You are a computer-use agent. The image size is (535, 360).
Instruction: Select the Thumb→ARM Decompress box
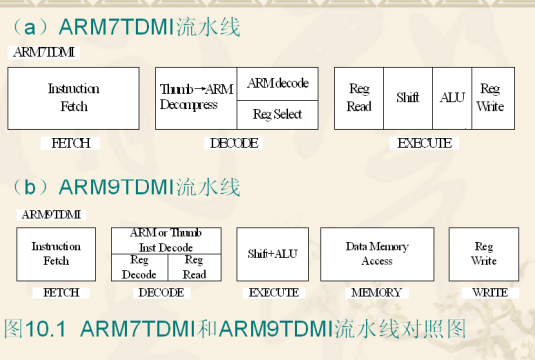[x=196, y=98]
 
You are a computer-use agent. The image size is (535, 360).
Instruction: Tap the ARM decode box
[x=277, y=83]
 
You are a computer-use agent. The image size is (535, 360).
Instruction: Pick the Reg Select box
[x=277, y=114]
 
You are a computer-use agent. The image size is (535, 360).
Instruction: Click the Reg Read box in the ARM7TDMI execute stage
[x=359, y=98]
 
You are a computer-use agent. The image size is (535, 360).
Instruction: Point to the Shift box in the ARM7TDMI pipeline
[x=408, y=98]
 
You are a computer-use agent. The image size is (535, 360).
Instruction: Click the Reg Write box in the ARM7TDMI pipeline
[x=490, y=98]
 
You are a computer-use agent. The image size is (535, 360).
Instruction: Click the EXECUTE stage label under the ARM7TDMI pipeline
[x=424, y=143]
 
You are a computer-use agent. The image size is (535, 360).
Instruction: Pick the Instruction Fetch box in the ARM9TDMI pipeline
[x=56, y=254]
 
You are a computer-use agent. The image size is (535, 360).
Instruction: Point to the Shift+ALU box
[x=272, y=254]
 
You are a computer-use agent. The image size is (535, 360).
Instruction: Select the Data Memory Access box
[x=376, y=254]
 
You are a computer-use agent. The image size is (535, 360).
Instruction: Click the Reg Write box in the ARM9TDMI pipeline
[x=484, y=254]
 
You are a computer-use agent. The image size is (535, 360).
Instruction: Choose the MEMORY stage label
[x=375, y=293]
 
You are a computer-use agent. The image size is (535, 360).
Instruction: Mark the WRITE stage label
[x=488, y=293]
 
